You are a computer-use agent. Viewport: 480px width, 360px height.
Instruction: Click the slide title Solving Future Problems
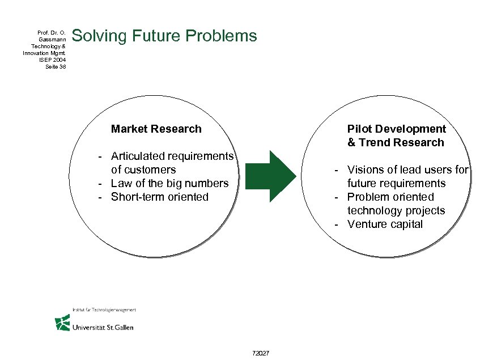click(x=165, y=36)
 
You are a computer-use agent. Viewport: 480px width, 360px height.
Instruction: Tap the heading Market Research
click(x=156, y=129)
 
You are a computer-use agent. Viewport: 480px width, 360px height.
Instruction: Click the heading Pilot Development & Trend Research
click(x=396, y=135)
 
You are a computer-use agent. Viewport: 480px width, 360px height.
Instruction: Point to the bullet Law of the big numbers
click(x=169, y=183)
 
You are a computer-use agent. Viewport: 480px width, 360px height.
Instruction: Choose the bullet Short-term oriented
click(x=159, y=197)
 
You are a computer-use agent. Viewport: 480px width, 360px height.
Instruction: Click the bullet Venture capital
click(x=385, y=224)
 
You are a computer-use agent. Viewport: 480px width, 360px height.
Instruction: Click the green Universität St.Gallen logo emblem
click(x=62, y=323)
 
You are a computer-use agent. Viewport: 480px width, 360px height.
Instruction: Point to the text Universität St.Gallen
click(x=103, y=327)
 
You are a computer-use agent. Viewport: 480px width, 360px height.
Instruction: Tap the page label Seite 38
click(x=56, y=66)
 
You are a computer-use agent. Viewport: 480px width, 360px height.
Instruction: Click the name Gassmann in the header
click(x=54, y=39)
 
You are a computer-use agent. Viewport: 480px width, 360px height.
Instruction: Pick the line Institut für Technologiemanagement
click(x=104, y=310)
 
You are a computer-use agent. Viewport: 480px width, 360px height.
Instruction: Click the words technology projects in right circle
click(x=396, y=210)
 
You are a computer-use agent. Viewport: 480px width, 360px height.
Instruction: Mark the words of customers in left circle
click(x=143, y=170)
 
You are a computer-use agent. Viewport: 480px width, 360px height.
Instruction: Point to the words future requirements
click(x=396, y=183)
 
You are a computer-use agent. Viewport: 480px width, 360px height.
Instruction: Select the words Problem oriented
click(x=390, y=197)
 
